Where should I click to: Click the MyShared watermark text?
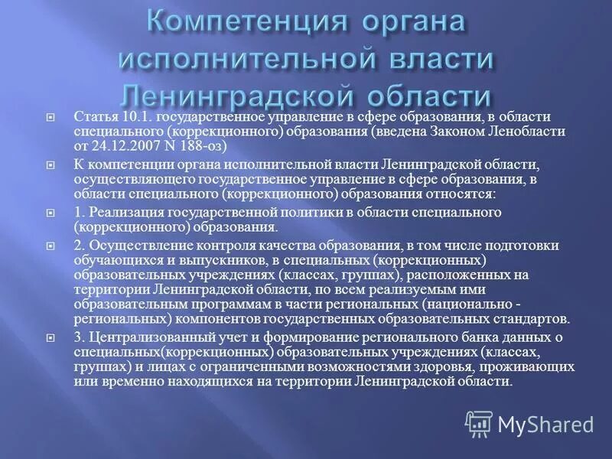tap(545, 422)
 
